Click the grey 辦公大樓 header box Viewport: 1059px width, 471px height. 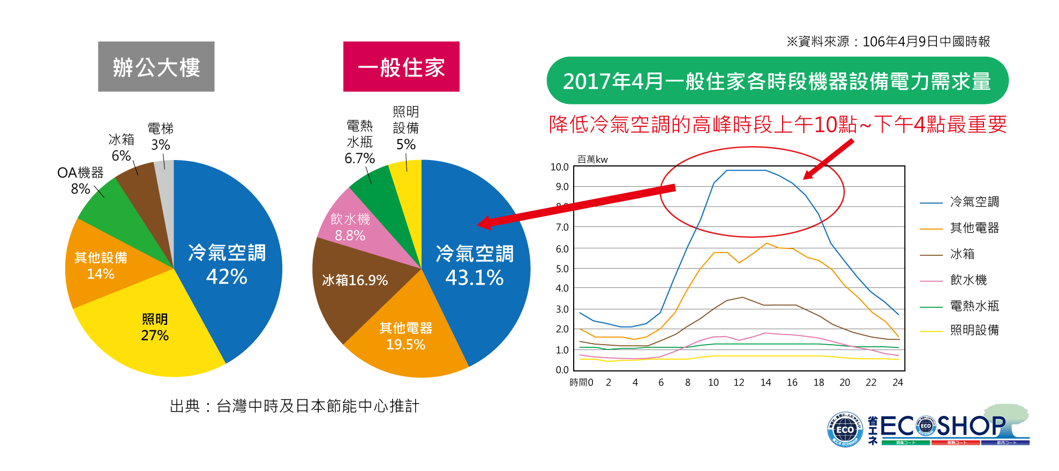(156, 67)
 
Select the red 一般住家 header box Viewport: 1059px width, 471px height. (401, 67)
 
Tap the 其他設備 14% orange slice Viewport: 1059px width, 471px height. (101, 265)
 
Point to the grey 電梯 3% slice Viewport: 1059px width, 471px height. (165, 177)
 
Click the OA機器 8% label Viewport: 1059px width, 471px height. (80, 180)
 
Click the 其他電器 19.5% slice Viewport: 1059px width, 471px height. (405, 336)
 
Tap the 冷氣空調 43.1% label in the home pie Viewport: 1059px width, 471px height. (475, 265)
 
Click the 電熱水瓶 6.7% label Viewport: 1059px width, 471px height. (359, 142)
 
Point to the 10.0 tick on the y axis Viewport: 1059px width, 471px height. (559, 167)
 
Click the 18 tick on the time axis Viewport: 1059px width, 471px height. (818, 383)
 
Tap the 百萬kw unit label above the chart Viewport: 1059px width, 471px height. (592, 159)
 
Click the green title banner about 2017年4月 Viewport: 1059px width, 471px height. (777, 81)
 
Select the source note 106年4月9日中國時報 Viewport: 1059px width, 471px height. (888, 41)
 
